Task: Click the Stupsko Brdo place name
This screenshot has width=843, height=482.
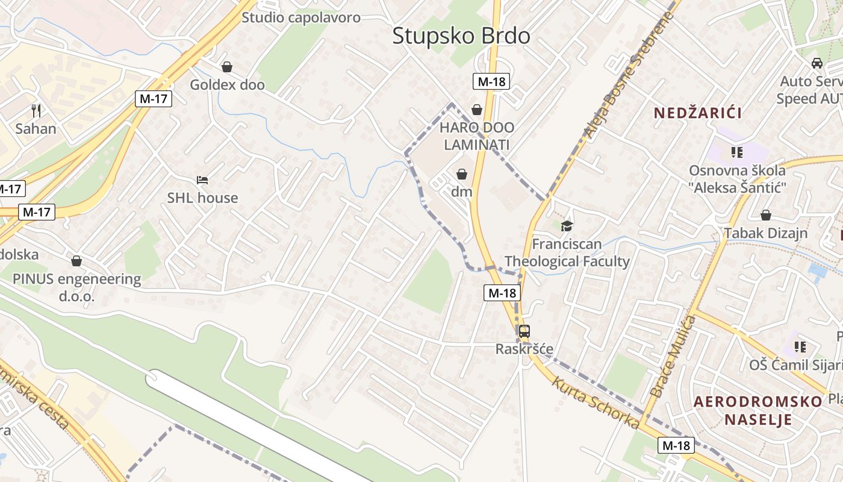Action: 461,36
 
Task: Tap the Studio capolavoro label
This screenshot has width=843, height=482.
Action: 301,17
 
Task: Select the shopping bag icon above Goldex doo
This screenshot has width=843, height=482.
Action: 227,67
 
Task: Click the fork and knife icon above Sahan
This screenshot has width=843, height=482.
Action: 36,110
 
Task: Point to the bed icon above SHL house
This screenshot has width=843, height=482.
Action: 202,180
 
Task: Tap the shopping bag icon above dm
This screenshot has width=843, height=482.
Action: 462,174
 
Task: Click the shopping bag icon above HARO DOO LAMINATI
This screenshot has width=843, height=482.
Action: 477,109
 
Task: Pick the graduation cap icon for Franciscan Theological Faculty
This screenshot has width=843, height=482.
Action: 567,226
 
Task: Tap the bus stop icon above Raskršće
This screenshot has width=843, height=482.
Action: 524,331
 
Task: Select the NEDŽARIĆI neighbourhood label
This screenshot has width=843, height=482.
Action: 697,113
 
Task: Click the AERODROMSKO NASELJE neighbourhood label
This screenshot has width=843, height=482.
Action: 757,410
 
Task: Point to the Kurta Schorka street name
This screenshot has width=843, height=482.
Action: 595,402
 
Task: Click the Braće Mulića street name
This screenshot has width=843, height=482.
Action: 673,357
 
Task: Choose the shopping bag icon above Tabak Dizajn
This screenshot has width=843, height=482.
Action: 766,215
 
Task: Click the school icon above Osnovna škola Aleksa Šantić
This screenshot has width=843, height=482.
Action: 737,152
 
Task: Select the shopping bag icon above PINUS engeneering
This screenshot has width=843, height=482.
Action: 76,261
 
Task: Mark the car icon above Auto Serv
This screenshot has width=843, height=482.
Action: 817,63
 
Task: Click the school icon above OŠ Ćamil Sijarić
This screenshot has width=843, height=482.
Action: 800,346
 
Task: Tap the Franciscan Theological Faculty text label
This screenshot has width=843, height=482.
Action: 567,252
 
